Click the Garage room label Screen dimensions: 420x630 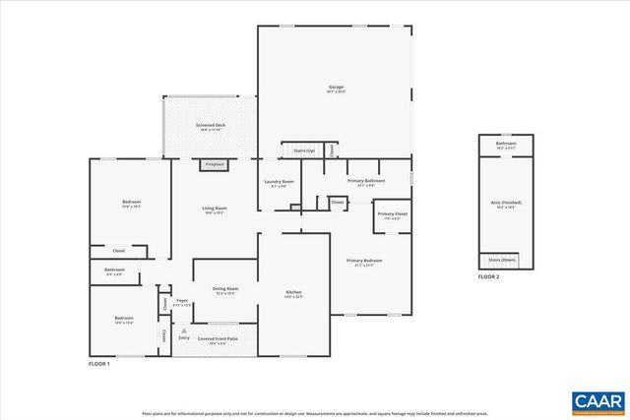pos(336,88)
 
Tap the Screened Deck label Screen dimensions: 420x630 pos(211,126)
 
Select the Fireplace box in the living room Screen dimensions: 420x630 pos(215,164)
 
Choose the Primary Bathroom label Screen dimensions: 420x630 pos(365,182)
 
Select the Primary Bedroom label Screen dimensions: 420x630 pos(364,261)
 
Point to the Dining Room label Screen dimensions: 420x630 pos(225,288)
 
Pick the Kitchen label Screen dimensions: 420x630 pos(293,293)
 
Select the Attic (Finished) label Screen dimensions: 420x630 pos(504,204)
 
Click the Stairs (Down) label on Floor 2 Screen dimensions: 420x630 pos(504,260)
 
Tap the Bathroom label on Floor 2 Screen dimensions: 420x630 pos(506,145)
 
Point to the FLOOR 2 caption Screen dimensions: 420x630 pos(489,277)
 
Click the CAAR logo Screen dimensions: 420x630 pos(597,400)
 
